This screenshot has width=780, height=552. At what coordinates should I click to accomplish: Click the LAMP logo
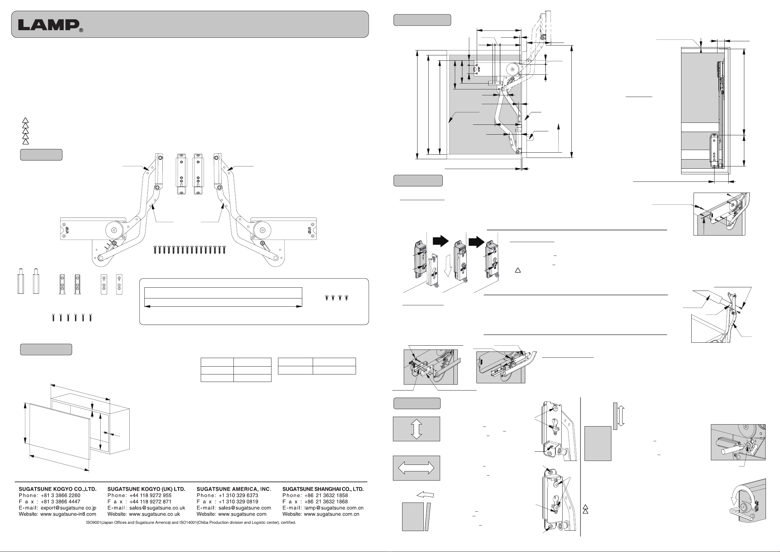[x=49, y=25]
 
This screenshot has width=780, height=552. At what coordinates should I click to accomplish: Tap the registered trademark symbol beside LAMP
[x=81, y=30]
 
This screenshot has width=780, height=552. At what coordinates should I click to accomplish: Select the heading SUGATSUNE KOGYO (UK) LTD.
[x=146, y=489]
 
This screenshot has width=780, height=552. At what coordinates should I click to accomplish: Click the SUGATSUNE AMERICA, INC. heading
[x=234, y=489]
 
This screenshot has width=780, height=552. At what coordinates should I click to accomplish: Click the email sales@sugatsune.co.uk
[x=157, y=508]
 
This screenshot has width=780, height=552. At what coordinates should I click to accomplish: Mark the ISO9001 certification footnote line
[x=191, y=523]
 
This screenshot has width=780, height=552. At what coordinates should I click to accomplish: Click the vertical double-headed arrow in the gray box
[x=417, y=429]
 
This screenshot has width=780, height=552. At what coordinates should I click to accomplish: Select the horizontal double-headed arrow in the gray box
[x=416, y=468]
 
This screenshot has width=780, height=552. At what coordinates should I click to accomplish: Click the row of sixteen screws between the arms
[x=189, y=250]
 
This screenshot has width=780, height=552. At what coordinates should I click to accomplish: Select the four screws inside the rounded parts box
[x=336, y=298]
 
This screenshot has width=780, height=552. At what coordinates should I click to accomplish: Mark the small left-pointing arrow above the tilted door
[x=425, y=495]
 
